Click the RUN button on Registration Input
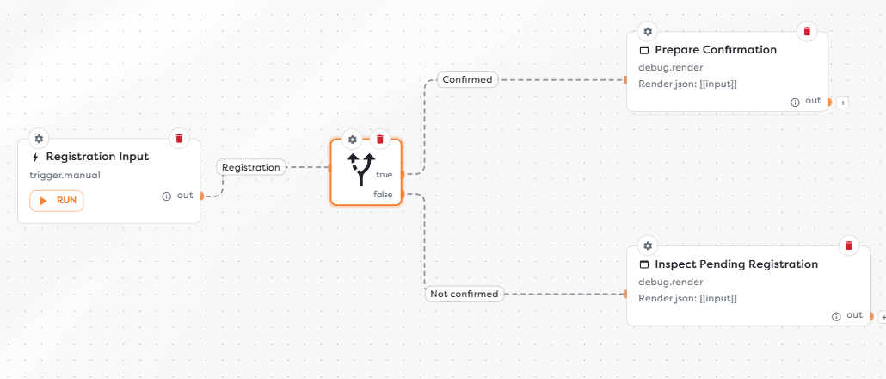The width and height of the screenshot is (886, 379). point(57,201)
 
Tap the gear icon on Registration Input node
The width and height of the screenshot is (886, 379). point(39,139)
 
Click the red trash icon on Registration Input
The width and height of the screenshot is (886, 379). point(179,139)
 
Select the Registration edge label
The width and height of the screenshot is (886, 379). point(251,167)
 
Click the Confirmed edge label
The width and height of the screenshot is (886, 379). point(467,80)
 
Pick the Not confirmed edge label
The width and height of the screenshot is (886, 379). point(464,294)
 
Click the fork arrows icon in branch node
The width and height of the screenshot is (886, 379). point(361,169)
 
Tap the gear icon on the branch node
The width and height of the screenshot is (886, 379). point(353,140)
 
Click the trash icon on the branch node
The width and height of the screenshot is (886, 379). point(379,140)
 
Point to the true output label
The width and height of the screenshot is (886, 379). point(385,175)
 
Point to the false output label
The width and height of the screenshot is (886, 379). point(383,195)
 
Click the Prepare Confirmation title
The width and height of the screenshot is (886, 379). point(716,50)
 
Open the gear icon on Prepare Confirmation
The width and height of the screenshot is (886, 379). point(648,32)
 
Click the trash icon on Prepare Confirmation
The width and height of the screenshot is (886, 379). point(807,32)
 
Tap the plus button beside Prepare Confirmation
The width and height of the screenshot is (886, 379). point(842,103)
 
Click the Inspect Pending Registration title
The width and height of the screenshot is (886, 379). point(736,264)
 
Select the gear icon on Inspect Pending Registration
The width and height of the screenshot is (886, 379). point(648,246)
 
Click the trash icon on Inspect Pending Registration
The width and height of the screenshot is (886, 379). point(849,246)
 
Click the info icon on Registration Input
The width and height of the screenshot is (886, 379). point(167,196)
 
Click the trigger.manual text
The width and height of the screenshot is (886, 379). point(65,176)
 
